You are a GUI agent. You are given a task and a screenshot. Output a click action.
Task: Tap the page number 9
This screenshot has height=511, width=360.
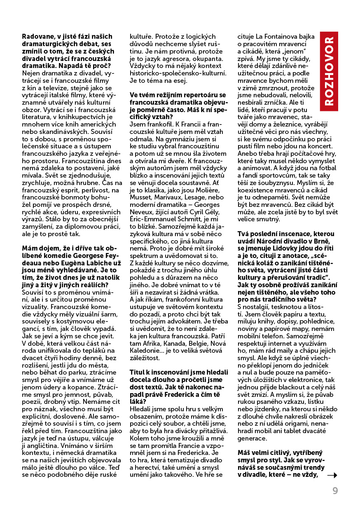tap(335, 491)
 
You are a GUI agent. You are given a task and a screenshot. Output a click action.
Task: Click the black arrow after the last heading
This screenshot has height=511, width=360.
tap(332, 475)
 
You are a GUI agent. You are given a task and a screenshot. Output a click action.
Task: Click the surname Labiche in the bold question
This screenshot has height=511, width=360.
tap(102, 263)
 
